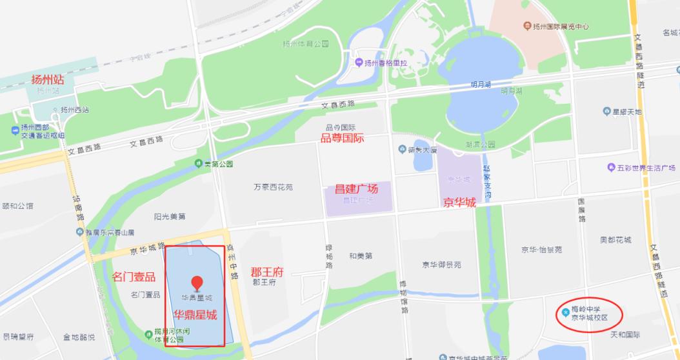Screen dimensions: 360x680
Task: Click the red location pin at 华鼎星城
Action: [197, 283]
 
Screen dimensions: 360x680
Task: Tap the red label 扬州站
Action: [48, 79]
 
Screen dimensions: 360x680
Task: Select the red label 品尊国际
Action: [343, 138]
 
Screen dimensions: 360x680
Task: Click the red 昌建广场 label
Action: [355, 189]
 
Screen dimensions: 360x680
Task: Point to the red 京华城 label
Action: [459, 202]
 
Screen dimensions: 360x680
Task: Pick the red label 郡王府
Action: [266, 272]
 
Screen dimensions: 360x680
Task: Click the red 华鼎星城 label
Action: [195, 315]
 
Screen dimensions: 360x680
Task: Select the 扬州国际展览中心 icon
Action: [526, 26]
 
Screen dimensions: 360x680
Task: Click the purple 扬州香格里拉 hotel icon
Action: [359, 63]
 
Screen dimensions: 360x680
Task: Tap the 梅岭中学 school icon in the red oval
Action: [565, 312]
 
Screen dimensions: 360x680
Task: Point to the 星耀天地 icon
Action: [606, 112]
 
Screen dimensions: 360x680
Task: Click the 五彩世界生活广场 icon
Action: [610, 168]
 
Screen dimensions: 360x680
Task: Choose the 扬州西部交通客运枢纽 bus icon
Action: [15, 131]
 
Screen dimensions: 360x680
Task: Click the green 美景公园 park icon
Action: [198, 164]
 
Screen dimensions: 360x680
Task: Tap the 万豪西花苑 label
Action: [274, 187]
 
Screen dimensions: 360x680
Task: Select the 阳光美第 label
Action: [170, 216]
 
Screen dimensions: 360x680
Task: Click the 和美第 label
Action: [361, 255]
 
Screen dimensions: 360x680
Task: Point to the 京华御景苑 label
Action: [442, 265]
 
